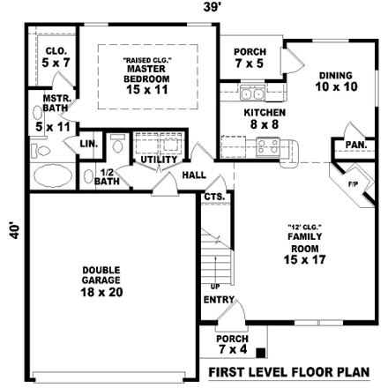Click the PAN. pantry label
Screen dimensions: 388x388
(x=354, y=144)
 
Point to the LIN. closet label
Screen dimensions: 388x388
(x=88, y=143)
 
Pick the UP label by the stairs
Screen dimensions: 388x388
(x=214, y=287)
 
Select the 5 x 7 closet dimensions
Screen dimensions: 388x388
(x=52, y=63)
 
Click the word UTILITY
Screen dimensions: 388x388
(x=160, y=160)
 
